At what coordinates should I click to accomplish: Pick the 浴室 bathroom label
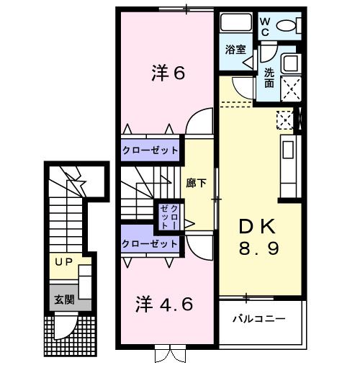[235, 50]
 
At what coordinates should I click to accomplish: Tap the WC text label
[266, 27]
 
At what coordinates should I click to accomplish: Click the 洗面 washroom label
[269, 78]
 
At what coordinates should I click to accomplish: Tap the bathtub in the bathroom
[236, 24]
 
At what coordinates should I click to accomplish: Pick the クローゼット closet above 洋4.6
[150, 244]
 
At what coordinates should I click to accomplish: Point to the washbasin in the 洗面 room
[292, 64]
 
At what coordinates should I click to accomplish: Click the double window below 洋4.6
[165, 355]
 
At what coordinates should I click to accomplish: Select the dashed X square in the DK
[285, 119]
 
